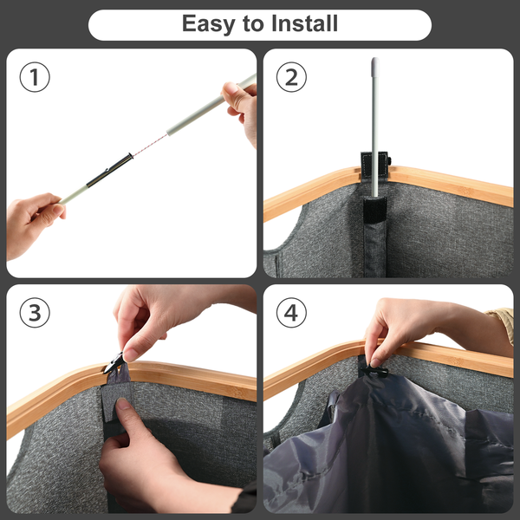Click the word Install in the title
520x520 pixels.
tap(304, 23)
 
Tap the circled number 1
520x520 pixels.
tap(35, 77)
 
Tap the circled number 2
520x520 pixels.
tap(291, 77)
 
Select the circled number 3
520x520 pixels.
tap(35, 312)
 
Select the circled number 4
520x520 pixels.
tap(291, 312)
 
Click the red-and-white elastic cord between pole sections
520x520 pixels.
tap(150, 145)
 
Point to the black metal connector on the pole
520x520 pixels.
tap(109, 170)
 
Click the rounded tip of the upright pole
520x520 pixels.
tap(375, 63)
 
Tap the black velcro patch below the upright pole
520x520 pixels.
tap(374, 210)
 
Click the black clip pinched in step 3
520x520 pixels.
tap(114, 362)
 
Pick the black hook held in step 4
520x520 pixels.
tap(374, 371)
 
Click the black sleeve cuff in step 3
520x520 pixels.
tap(244, 497)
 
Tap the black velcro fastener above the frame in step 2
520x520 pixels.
tap(374, 164)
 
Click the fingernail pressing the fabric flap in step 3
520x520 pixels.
tap(123, 404)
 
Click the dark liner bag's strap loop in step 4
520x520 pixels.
tap(328, 408)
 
